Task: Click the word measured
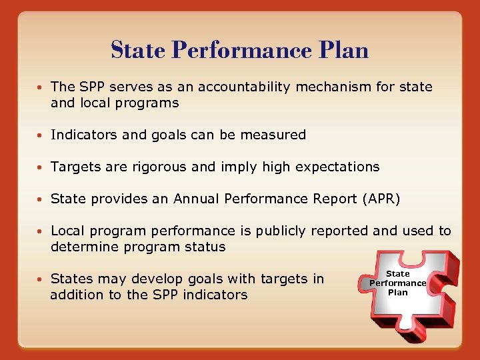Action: (273, 135)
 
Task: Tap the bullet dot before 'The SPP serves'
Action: (41, 87)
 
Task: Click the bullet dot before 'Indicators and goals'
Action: (41, 135)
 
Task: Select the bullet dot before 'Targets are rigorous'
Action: (41, 167)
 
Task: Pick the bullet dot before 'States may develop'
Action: (41, 279)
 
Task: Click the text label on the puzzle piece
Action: (397, 283)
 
